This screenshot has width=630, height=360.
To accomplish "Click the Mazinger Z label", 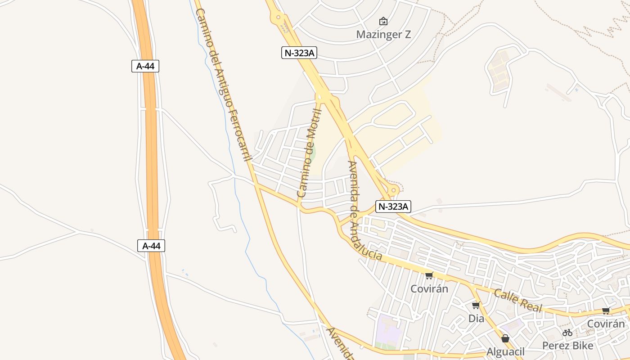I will point(383,34).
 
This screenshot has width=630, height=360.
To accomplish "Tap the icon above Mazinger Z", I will point(383,21).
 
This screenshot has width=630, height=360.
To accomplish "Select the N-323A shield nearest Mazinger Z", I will point(299,53).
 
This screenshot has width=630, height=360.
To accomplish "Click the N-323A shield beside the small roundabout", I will point(393,207).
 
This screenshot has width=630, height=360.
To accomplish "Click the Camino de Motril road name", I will point(309,153).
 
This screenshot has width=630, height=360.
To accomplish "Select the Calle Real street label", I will point(518,301).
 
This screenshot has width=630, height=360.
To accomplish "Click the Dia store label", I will point(476,319).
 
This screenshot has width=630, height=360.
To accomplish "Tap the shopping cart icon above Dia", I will point(476,305).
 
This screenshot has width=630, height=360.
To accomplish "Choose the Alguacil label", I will point(505,351).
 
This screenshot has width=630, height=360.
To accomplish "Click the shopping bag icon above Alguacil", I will point(505,338).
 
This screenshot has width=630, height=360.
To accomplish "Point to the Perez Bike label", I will point(567,346).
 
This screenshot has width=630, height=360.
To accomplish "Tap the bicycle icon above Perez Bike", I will point(567,333).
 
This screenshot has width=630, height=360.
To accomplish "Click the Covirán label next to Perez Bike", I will point(606,324).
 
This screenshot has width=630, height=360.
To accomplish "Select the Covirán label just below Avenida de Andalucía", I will point(429,288).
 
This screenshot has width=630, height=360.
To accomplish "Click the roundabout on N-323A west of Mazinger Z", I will point(278,18).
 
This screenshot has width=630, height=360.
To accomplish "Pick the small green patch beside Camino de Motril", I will point(313,152).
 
